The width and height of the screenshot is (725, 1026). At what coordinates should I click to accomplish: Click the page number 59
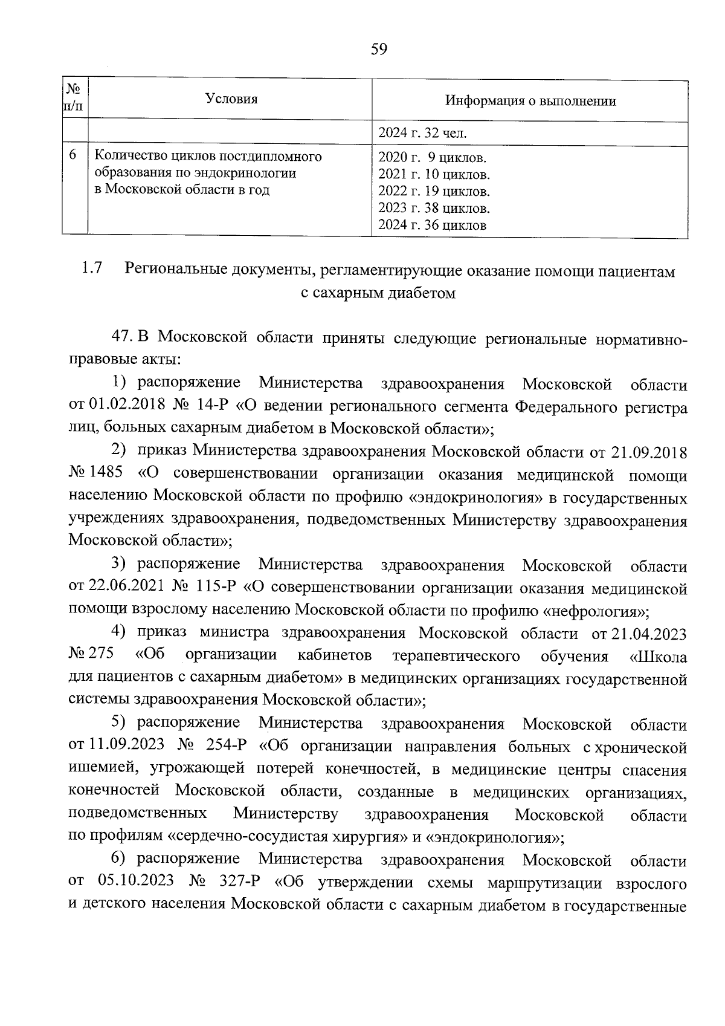[x=379, y=49]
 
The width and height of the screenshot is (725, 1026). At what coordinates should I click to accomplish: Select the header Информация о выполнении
[x=530, y=101]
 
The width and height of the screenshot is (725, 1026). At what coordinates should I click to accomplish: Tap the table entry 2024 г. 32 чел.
[x=422, y=133]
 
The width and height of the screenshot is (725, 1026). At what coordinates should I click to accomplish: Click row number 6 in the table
[x=72, y=155]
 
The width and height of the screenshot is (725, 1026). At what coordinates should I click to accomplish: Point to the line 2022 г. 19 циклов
[x=433, y=192]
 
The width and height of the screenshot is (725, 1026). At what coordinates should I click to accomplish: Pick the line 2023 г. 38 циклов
[x=433, y=209]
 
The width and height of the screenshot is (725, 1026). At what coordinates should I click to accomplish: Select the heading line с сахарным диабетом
[x=378, y=294]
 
